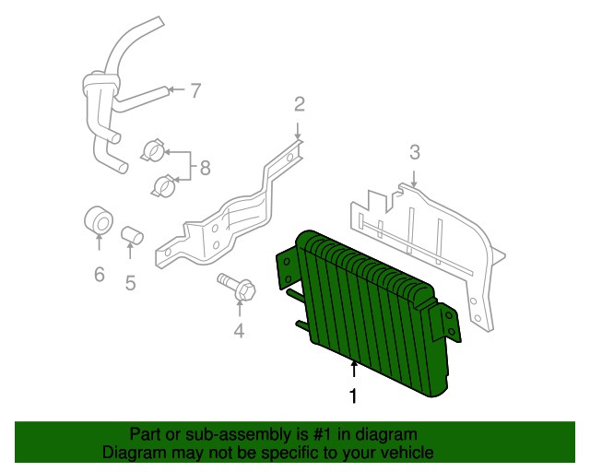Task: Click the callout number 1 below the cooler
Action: tap(353, 396)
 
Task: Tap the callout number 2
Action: tap(299, 104)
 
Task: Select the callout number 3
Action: tap(414, 152)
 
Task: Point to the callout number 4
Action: tap(240, 331)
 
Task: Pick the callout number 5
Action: tap(130, 283)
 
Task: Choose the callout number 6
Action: tap(99, 275)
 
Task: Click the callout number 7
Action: tap(195, 90)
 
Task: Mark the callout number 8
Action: tap(205, 168)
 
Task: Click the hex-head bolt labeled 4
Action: tap(237, 287)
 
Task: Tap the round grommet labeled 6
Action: tap(99, 220)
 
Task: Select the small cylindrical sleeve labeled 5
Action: tap(132, 234)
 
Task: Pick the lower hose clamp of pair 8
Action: tap(163, 185)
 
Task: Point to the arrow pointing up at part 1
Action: tap(354, 369)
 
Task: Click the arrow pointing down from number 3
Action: tap(414, 179)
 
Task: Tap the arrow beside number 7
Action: tap(176, 89)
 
